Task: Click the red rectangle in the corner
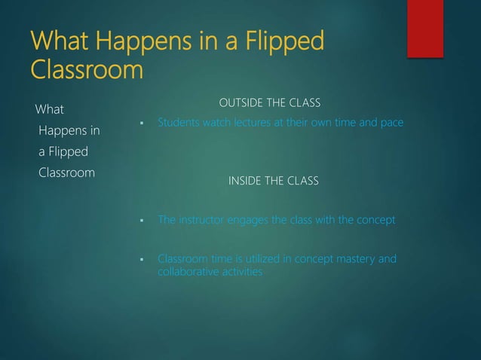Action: pyautogui.click(x=425, y=28)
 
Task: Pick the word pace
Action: pyautogui.click(x=391, y=122)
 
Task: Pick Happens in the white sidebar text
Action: pyautogui.click(x=69, y=132)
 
